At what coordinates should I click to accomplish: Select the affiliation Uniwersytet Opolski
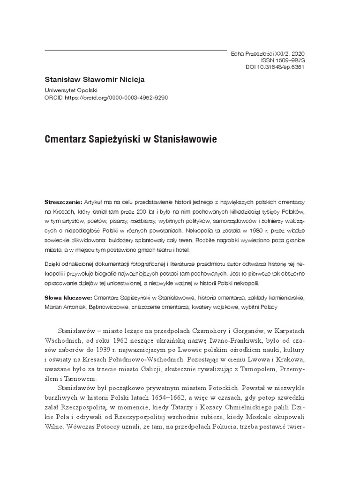[71, 90]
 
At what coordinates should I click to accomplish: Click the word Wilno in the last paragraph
[56, 427]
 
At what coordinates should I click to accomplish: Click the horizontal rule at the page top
[135, 50]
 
